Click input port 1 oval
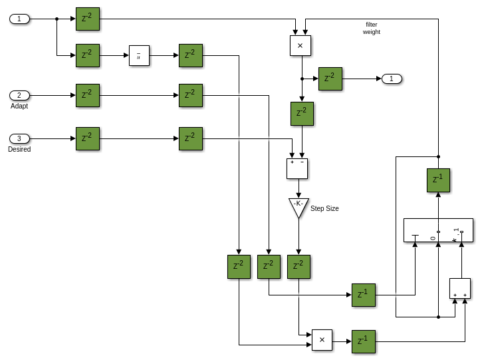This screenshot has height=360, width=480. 19,19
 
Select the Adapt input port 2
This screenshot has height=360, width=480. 19,95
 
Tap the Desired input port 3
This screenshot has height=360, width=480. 19,138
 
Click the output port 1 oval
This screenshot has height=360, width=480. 392,79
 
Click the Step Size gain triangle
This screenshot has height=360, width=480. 299,206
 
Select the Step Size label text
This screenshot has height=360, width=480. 324,208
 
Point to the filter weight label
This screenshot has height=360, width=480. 371,28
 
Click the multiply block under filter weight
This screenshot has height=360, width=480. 300,45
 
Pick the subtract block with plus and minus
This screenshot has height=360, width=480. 297,168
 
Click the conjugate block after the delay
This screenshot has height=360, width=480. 139,56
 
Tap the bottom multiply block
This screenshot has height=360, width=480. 322,339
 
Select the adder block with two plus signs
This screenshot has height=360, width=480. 459,288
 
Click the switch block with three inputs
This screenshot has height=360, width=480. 438,230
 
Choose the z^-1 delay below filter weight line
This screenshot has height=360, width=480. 438,180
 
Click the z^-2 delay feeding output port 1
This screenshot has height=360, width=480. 330,79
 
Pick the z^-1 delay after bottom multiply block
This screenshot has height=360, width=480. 363,341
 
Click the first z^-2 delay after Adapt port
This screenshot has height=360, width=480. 88,95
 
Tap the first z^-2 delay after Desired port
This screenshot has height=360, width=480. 88,138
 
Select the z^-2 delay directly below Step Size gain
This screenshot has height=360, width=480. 299,267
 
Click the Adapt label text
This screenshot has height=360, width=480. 19,106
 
